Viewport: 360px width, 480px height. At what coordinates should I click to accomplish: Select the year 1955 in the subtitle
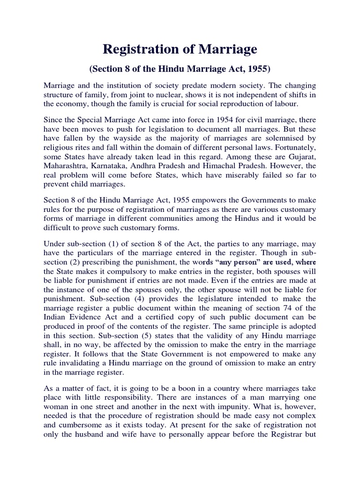pyautogui.click(x=258, y=69)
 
